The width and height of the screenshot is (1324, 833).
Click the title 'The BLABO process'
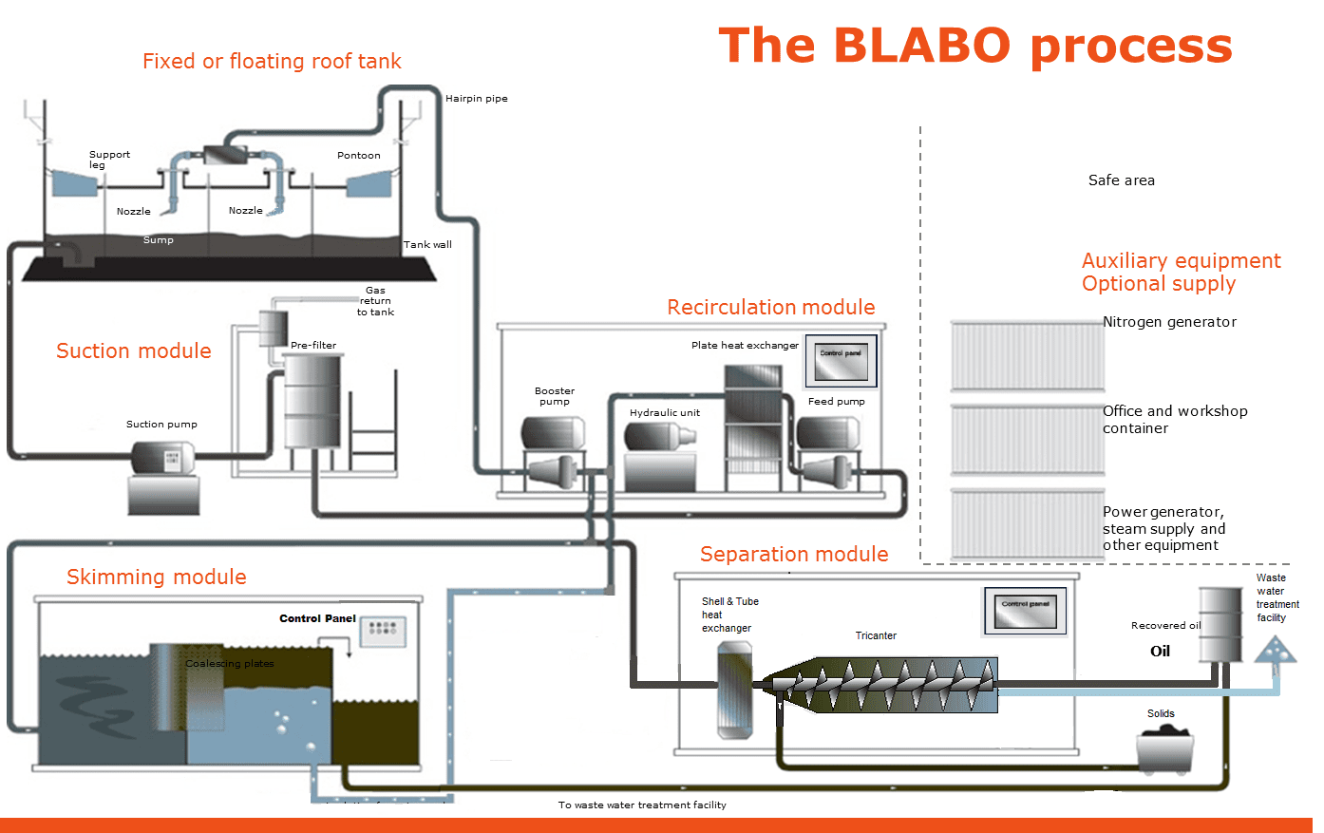coord(974,46)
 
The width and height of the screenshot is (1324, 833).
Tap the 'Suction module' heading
coord(134,350)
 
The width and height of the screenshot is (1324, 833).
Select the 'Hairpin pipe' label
coord(476,98)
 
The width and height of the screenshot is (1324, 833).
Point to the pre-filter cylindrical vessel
coord(312,401)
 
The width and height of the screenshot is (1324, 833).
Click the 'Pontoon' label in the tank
coord(358,155)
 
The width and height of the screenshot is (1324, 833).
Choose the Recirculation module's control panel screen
coord(841,361)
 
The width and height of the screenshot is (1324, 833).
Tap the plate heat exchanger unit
coord(753,427)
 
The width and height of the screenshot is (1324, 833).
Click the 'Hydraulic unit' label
coord(664,412)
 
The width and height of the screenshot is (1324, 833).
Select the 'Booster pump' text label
coord(555,396)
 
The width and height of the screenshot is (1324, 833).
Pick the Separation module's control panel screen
coord(1024,611)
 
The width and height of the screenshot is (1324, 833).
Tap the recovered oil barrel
coord(1220,624)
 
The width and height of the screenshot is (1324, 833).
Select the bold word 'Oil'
coord(1160,652)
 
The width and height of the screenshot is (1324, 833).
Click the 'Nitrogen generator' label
coord(1169,322)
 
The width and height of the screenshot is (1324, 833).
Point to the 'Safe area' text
coord(1121,180)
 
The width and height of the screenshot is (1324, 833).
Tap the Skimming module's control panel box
coord(383,631)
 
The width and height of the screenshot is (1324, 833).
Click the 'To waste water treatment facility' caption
coord(642,805)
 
